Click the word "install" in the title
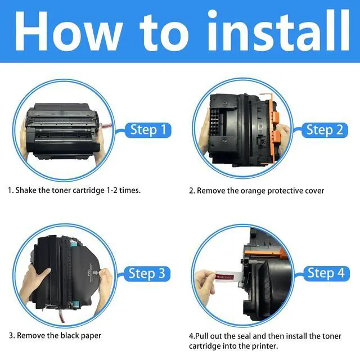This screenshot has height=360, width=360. (278, 30)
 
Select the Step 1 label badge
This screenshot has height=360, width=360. (148, 130)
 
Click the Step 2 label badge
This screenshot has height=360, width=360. (325, 130)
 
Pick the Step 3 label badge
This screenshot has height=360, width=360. (147, 274)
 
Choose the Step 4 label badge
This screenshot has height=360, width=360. (326, 273)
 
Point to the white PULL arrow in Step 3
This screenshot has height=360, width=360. (96, 273)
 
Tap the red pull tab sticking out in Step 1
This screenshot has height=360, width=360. (107, 126)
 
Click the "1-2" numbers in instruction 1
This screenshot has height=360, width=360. (112, 190)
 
